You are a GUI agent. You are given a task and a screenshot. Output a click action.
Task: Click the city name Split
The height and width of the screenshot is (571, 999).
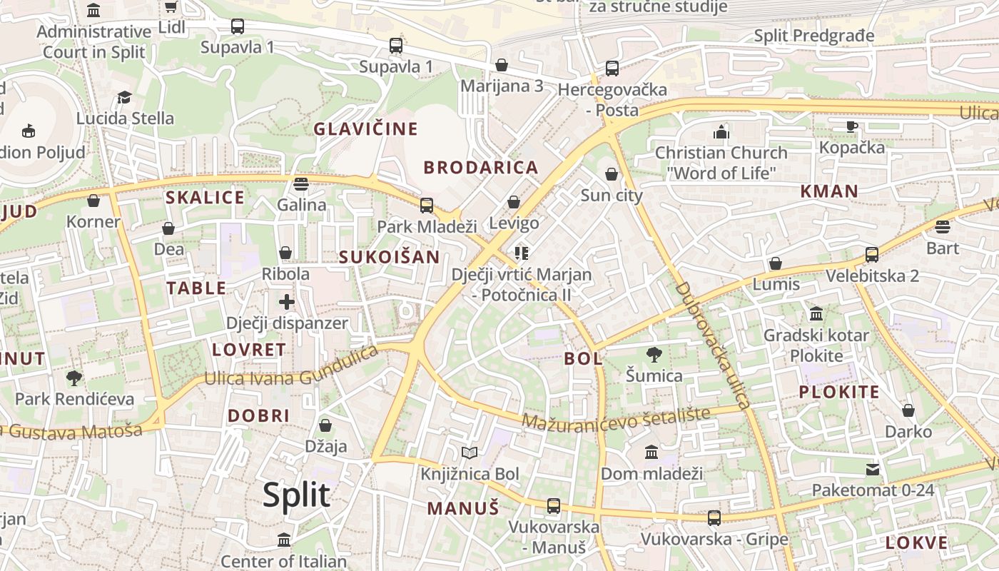(296, 495)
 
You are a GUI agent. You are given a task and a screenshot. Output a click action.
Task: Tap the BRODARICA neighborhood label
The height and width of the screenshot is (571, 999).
(481, 168)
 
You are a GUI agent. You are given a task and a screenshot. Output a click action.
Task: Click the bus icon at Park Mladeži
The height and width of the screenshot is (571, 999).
(427, 206)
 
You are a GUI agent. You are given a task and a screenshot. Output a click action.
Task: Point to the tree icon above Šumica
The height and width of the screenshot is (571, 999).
(654, 355)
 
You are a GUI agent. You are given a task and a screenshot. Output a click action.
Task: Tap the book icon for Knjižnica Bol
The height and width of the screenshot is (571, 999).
(469, 453)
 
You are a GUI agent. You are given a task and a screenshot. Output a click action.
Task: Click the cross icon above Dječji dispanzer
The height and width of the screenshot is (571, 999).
(287, 302)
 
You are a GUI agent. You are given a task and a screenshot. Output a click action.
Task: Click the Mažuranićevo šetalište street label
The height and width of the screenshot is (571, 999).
(616, 418)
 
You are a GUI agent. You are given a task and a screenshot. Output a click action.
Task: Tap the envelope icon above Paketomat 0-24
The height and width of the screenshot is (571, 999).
(873, 470)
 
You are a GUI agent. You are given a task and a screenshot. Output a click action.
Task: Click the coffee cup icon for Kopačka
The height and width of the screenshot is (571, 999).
(851, 126)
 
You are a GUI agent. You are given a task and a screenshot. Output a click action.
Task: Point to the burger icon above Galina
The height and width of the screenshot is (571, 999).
(301, 184)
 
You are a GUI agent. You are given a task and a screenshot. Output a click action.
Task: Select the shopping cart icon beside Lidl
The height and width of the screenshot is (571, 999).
(171, 7)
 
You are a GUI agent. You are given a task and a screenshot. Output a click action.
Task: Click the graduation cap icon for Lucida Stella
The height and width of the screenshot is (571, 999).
(125, 97)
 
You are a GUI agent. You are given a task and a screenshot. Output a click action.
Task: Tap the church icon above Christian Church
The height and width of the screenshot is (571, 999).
(721, 132)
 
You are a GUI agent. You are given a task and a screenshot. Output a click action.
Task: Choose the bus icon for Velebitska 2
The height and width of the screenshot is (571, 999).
(871, 255)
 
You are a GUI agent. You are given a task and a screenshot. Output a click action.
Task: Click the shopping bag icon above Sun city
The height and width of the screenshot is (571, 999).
(612, 174)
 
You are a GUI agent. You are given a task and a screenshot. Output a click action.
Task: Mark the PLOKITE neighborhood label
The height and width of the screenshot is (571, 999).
(838, 392)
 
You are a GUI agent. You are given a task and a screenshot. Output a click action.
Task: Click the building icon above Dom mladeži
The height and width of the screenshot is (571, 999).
(651, 453)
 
